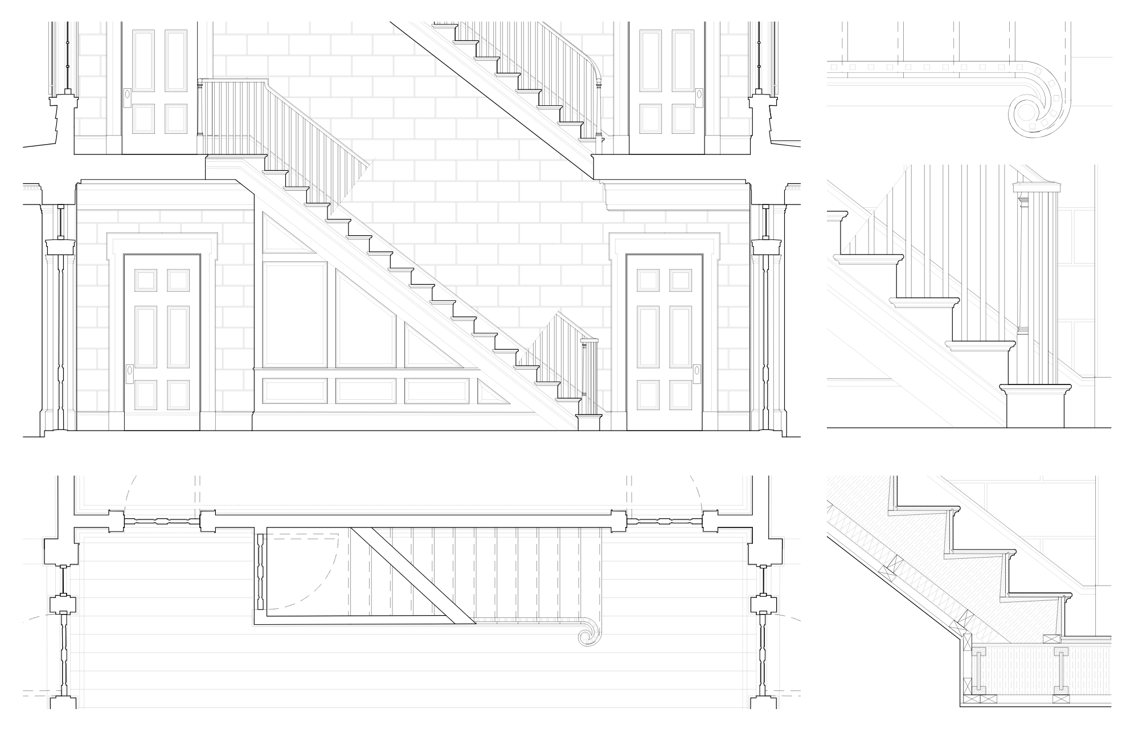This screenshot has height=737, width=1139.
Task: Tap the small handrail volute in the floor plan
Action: pos(585,636)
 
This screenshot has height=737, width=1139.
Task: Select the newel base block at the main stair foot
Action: pos(589,423)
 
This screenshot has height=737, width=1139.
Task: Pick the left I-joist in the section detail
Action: pos(976,671)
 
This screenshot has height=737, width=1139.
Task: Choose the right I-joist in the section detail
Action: pos(1063,671)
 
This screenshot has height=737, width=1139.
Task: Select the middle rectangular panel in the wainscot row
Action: pos(366,391)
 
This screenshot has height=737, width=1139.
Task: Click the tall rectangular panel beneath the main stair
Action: pos(295,314)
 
